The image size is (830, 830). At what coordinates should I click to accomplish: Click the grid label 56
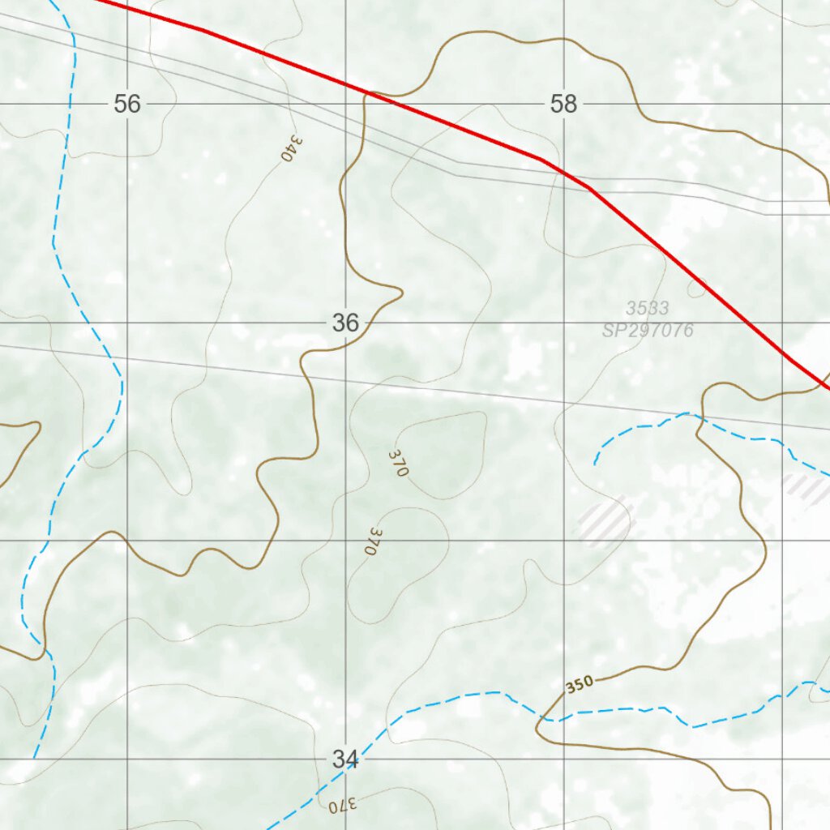(127, 104)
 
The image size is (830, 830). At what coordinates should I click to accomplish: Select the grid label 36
(345, 323)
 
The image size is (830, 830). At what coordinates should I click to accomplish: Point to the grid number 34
(345, 759)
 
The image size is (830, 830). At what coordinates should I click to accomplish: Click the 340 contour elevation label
(293, 148)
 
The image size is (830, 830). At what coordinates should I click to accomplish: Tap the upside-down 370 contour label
(343, 806)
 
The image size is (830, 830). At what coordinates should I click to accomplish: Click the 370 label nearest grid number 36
(398, 463)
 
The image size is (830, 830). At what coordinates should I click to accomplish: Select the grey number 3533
(647, 308)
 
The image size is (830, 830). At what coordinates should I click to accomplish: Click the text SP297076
(648, 330)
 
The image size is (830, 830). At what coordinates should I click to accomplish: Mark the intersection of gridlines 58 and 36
(564, 323)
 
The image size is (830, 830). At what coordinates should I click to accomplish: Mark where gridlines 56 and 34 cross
(127, 759)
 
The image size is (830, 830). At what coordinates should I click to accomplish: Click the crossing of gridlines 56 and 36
(127, 323)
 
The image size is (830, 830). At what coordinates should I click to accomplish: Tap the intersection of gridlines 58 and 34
(564, 759)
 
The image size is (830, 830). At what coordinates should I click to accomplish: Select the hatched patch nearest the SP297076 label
(605, 520)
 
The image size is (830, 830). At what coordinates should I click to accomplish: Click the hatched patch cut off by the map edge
(807, 488)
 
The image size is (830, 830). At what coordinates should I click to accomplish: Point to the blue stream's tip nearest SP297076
(595, 464)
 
